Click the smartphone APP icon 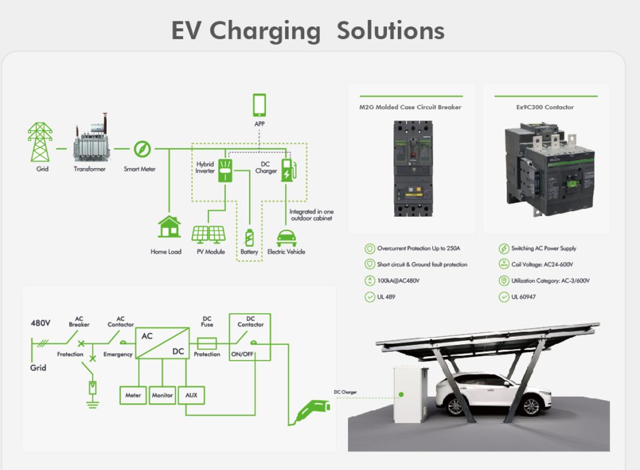click(x=259, y=105)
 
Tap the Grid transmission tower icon click(x=40, y=142)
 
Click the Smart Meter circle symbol click(x=142, y=149)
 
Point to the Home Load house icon click(x=169, y=227)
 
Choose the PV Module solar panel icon click(x=208, y=234)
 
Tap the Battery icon click(x=249, y=238)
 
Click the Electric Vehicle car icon click(x=286, y=237)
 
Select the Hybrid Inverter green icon click(x=224, y=171)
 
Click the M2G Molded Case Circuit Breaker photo click(x=411, y=169)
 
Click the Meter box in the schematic click(x=133, y=395)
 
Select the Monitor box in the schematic click(x=162, y=395)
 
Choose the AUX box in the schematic click(x=191, y=395)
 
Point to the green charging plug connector click(x=312, y=409)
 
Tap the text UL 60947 click(x=523, y=297)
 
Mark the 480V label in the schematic click(x=41, y=324)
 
